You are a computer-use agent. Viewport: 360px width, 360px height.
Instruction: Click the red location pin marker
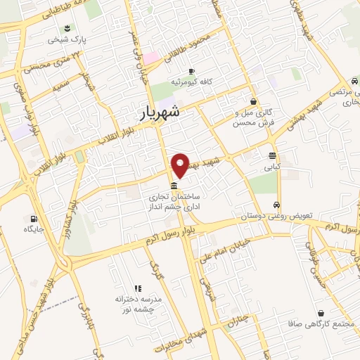pyautogui.click(x=181, y=164)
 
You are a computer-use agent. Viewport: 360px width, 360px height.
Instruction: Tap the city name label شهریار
pyautogui.click(x=158, y=111)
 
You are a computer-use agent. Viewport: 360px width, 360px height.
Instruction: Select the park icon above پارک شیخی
pyautogui.click(x=67, y=28)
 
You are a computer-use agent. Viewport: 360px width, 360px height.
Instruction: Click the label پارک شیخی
pyautogui.click(x=67, y=40)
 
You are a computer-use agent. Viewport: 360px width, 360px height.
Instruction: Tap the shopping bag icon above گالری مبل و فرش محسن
pyautogui.click(x=253, y=101)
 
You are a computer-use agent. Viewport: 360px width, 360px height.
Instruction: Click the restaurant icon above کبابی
pyautogui.click(x=272, y=156)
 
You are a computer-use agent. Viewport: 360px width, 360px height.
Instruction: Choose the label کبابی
pyautogui.click(x=271, y=168)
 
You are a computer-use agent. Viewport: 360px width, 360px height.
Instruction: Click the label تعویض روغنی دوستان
pyautogui.click(x=277, y=217)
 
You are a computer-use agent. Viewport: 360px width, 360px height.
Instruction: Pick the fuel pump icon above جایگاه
pyautogui.click(x=33, y=218)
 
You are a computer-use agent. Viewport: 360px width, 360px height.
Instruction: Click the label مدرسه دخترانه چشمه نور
pyautogui.click(x=139, y=304)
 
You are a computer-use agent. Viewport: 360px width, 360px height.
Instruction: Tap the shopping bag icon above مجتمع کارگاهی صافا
pyautogui.click(x=321, y=313)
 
